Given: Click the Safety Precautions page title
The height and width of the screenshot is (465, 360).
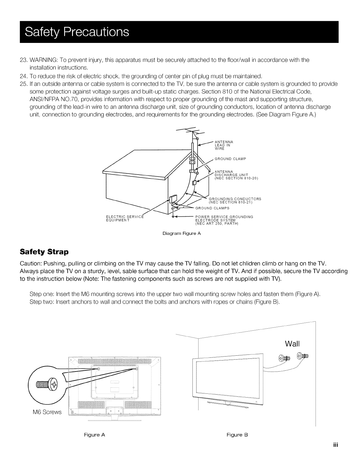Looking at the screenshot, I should click(77, 32).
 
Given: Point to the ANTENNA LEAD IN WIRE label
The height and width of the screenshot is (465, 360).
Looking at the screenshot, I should click(224, 145).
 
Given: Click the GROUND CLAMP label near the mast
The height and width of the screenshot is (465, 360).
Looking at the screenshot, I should click(230, 159).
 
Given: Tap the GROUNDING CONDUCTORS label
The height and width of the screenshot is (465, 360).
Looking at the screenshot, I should click(235, 200).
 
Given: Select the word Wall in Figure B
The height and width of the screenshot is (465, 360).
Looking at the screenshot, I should click(292, 344).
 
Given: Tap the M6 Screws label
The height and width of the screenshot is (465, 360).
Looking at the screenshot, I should click(47, 412).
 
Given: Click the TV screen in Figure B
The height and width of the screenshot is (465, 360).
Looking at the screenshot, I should click(229, 376).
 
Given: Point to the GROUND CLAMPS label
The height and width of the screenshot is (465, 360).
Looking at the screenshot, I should click(212, 208).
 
